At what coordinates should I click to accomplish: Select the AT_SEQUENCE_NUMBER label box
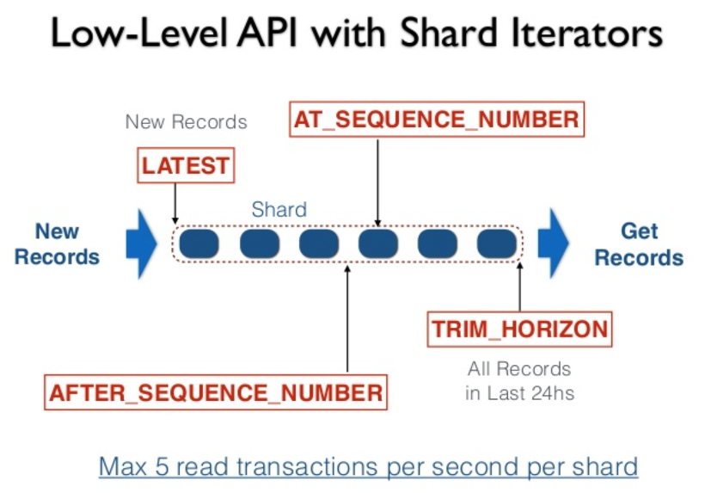pyautogui.click(x=437, y=120)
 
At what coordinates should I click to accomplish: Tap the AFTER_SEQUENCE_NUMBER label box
pyautogui.click(x=215, y=392)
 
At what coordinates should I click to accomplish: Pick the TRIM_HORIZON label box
pyautogui.click(x=520, y=329)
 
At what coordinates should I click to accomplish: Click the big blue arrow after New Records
pyautogui.click(x=141, y=243)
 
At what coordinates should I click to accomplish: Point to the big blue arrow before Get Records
pyautogui.click(x=554, y=243)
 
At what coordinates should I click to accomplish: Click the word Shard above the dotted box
pyautogui.click(x=279, y=209)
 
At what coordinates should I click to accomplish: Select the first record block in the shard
pyautogui.click(x=199, y=244)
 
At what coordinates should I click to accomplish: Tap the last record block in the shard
pyautogui.click(x=497, y=244)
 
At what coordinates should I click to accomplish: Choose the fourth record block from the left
pyautogui.click(x=378, y=244)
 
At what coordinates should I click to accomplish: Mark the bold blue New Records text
pyautogui.click(x=58, y=244)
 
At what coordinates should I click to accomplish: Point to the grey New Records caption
pyautogui.click(x=186, y=121)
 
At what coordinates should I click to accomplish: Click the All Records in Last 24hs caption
pyautogui.click(x=519, y=381)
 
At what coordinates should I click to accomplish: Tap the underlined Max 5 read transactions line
pyautogui.click(x=368, y=466)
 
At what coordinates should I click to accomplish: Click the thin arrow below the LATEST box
pyautogui.click(x=175, y=203)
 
